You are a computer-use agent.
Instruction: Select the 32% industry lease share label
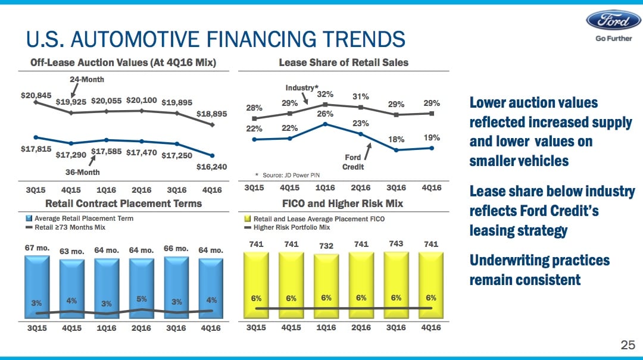coord(324,94)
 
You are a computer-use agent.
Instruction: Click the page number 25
coord(628,345)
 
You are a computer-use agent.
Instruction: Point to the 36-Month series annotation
coord(82,172)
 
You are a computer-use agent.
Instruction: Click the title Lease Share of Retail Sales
coord(344,62)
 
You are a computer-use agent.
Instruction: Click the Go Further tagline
coord(613,39)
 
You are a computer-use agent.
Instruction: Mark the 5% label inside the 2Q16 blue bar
coord(142,299)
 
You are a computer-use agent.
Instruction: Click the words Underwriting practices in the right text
coord(539,261)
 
